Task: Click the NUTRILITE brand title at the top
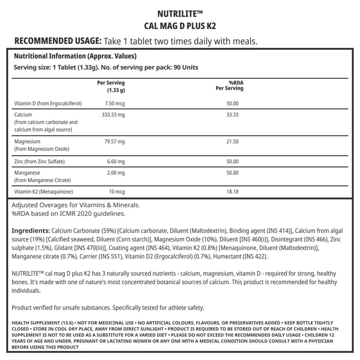coord(180,13)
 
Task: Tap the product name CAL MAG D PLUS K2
coord(180,26)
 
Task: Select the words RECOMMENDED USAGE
coord(58,41)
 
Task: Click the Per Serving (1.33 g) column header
coord(111,86)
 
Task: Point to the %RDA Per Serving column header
coord(229,85)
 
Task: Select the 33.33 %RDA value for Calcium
coord(232,115)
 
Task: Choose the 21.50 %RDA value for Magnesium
coord(232,141)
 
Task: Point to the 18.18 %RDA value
coord(232,192)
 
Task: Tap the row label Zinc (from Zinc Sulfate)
coord(40,161)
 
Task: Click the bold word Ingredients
coord(31,230)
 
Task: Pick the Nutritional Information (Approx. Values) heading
coord(75,57)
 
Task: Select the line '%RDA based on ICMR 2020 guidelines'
coord(68,213)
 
